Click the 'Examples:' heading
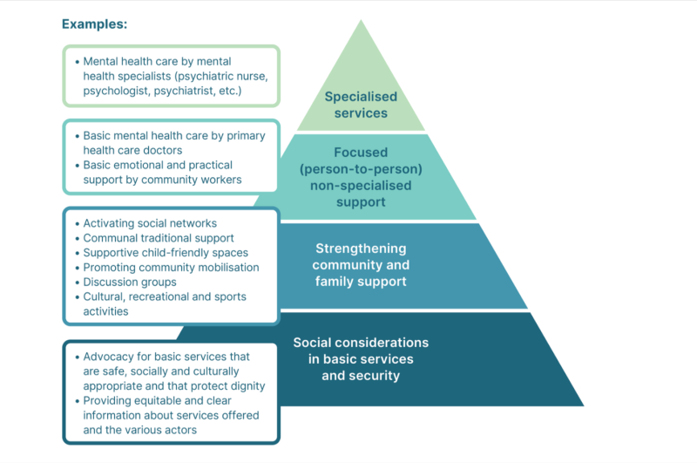click(x=94, y=24)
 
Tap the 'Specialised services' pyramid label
click(x=361, y=105)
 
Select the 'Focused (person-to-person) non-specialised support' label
click(x=361, y=177)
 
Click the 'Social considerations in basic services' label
click(x=361, y=358)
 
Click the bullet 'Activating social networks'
click(x=150, y=223)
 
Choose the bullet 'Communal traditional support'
click(x=159, y=238)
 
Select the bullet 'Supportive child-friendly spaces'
click(x=166, y=253)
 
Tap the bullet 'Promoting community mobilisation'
click(x=171, y=267)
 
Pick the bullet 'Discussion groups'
click(x=130, y=282)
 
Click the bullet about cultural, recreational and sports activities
click(x=164, y=303)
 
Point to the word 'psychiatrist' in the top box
click(x=213, y=91)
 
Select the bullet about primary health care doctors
click(x=174, y=143)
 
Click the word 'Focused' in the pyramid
click(x=361, y=153)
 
